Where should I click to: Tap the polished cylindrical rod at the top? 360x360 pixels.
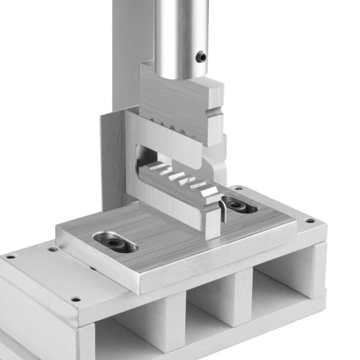coord(178,36)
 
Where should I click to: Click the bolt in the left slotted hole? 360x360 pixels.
coord(114,242)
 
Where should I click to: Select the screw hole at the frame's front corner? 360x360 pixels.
coord(75,299)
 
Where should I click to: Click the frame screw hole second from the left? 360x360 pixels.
coord(53,248)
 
